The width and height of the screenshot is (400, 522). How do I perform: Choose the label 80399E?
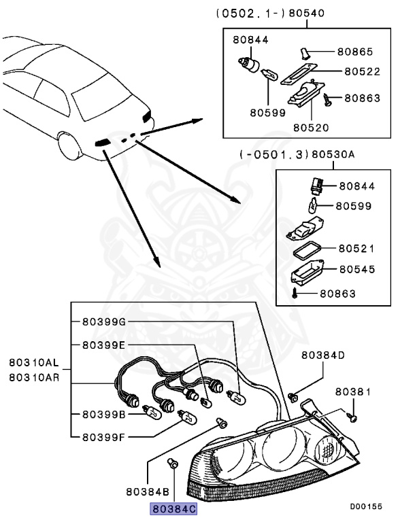click(x=104, y=345)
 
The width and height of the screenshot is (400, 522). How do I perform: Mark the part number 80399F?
click(x=104, y=438)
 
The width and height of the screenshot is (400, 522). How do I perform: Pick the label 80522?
click(x=363, y=70)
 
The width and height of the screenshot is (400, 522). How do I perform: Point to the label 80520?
click(x=311, y=127)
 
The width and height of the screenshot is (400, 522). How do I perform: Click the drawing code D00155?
click(x=366, y=506)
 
